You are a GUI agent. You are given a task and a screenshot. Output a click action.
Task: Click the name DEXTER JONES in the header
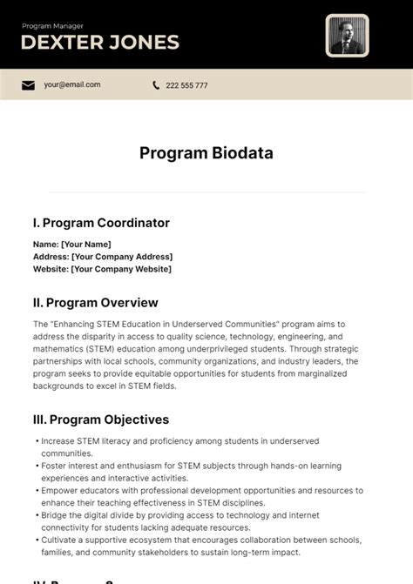tap(100, 42)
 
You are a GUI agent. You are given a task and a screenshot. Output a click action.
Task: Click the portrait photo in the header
tap(347, 36)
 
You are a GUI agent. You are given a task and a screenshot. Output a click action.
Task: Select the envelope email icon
tap(29, 85)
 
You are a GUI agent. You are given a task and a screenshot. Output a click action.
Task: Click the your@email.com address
tap(72, 85)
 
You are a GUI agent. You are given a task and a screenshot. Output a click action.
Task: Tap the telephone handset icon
tap(156, 85)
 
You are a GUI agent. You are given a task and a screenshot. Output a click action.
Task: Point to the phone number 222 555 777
tap(186, 85)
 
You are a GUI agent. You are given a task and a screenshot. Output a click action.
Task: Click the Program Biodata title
tap(206, 153)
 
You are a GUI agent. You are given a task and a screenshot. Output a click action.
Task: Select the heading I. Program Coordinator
tap(101, 223)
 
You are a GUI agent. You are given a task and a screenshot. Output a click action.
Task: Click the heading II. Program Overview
tap(96, 303)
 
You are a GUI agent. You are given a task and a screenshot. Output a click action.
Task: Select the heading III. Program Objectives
tap(101, 420)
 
